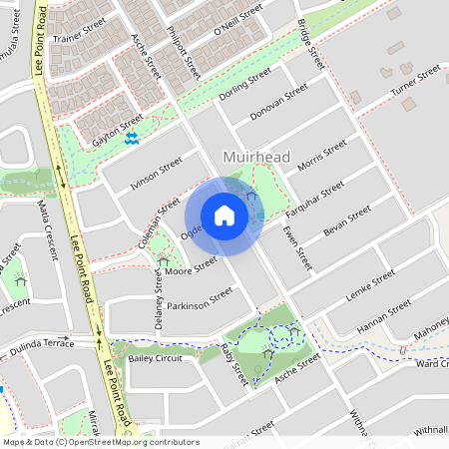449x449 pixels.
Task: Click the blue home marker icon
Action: click(224, 216)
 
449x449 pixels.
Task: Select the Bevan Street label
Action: click(347, 221)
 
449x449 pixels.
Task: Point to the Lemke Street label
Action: click(370, 285)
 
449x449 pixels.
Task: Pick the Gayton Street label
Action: click(118, 134)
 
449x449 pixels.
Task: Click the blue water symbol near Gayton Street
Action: click(132, 138)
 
